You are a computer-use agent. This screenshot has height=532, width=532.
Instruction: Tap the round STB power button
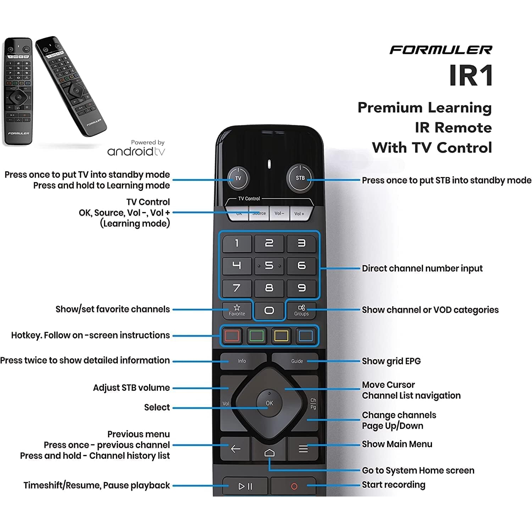pos(300,178)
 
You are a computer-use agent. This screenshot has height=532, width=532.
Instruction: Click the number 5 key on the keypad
pos(269,265)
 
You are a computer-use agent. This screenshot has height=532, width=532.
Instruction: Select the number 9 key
pos(301,288)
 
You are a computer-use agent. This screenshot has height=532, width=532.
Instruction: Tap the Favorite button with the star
pos(237,310)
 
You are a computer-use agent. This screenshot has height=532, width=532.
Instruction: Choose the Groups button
pos(301,310)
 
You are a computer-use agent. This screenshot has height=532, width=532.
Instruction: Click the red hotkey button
pos(232,336)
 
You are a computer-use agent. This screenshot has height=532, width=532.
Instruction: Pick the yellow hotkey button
pos(281,336)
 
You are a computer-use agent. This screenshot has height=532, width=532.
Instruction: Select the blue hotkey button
pos(306,336)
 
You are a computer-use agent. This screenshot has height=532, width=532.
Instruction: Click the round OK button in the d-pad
pos(269,403)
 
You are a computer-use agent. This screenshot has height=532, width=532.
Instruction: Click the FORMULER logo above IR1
pos(441,50)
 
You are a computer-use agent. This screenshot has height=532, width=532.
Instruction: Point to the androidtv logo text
pos(136,152)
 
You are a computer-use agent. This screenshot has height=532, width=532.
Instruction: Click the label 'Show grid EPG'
pos(391,361)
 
